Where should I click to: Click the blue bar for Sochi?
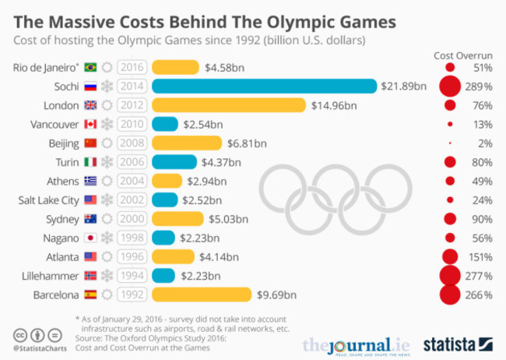click(x=265, y=86)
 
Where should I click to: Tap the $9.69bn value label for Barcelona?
click(x=277, y=295)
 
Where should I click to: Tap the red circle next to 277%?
click(x=449, y=276)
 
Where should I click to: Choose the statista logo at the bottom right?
click(x=459, y=343)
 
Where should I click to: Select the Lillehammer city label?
click(x=49, y=276)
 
